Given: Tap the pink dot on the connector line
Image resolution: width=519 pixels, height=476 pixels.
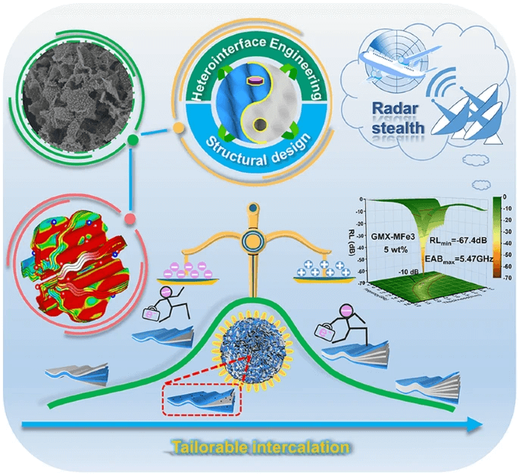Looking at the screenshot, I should pos(130,218).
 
